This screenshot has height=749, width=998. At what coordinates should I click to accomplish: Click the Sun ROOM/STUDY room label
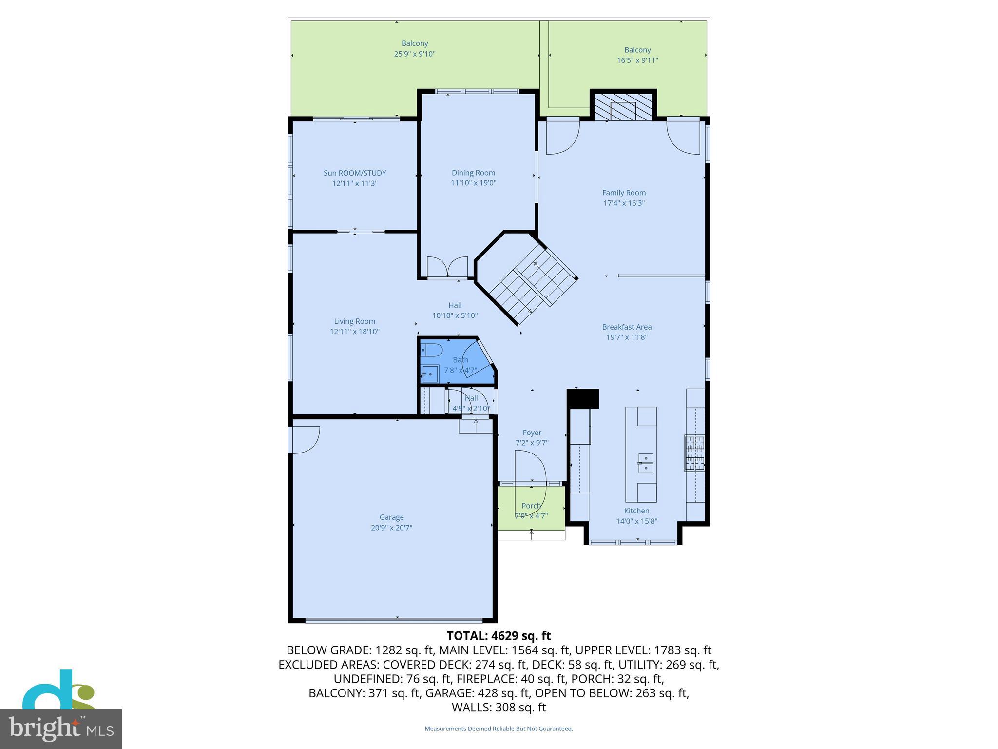[355, 173]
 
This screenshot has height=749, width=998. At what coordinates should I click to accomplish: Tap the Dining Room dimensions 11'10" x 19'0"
[473, 183]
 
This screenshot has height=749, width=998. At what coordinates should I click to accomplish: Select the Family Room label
[624, 193]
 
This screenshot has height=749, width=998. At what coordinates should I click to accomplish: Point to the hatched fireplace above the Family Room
[623, 106]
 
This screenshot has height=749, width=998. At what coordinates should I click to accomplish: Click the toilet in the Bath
[431, 350]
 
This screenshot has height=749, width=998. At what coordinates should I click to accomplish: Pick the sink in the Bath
[430, 374]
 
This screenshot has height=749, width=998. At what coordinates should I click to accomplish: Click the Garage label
[391, 517]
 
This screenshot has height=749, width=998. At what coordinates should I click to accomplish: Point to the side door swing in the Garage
[305, 439]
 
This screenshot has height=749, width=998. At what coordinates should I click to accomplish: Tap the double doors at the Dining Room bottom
[447, 267]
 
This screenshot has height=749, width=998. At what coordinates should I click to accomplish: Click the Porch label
[531, 506]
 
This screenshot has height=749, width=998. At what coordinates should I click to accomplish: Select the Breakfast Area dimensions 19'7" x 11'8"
[627, 337]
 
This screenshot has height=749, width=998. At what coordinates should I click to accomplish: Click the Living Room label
[354, 321]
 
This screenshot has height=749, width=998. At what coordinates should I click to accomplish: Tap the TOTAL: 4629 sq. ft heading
[499, 636]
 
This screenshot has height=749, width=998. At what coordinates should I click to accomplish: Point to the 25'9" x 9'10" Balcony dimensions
[414, 54]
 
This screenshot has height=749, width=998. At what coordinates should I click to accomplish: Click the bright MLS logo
[60, 729]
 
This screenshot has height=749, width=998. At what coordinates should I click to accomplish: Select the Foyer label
[532, 433]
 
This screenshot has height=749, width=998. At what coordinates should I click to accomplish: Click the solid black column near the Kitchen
[583, 398]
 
